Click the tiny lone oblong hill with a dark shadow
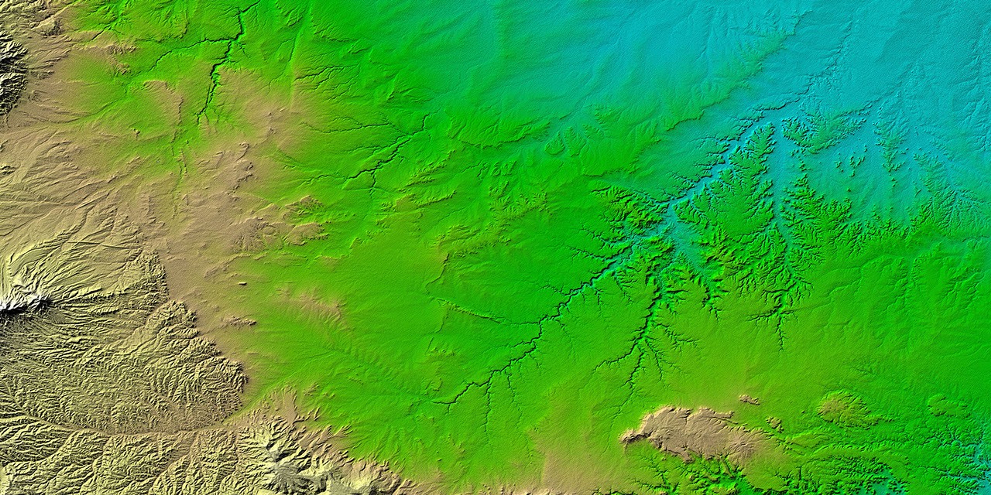tap(242, 284)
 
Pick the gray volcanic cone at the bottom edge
tap(287, 477)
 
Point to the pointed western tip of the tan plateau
tap(625, 438)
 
